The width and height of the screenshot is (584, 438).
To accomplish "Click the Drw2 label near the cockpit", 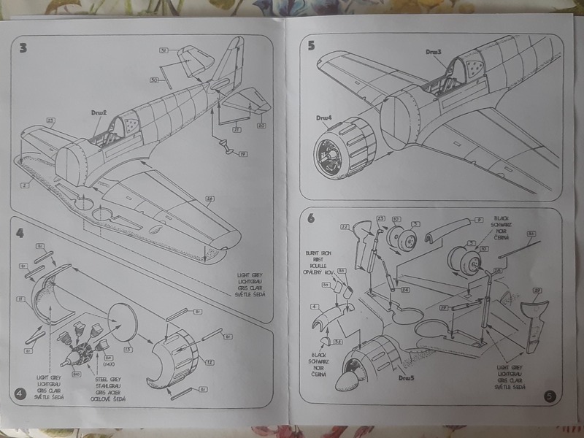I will pyautogui.click(x=100, y=113).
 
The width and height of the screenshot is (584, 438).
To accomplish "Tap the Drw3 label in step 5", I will pyautogui.click(x=434, y=52).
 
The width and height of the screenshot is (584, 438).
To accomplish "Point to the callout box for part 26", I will pyautogui.click(x=210, y=200).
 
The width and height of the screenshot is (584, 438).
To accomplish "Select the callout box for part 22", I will pyautogui.click(x=344, y=227).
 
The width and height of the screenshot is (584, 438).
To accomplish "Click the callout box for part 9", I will pyautogui.click(x=480, y=220).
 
